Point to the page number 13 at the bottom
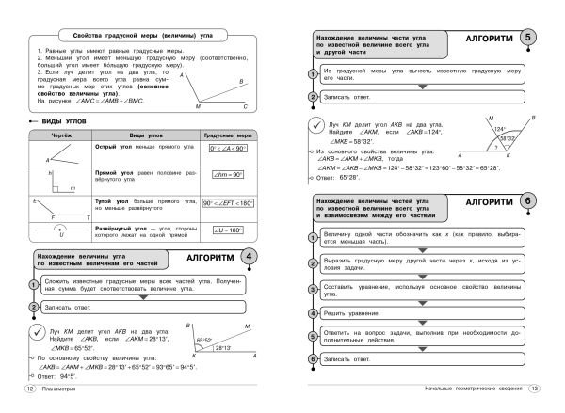(x=533, y=389)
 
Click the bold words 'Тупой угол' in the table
(x=110, y=200)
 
